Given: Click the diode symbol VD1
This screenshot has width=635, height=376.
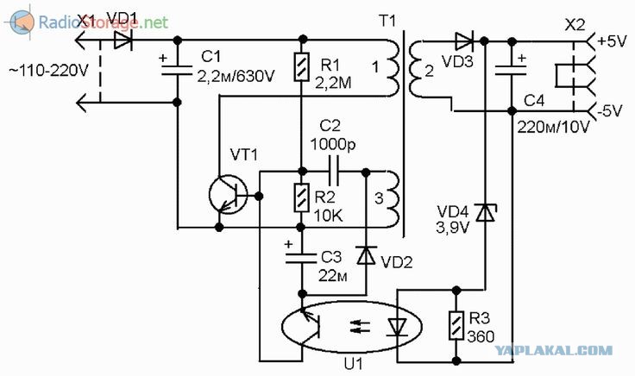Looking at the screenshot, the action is tap(123, 40).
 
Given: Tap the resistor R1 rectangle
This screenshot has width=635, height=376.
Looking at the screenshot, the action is tap(302, 67).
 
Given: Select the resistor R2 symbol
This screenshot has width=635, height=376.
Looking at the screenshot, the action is tap(302, 197).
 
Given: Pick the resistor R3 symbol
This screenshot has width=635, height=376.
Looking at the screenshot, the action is tap(456, 325).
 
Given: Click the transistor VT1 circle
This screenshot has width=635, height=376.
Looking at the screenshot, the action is tap(229, 195).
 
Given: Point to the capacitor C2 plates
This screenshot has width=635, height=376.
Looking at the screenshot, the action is tap(333, 172).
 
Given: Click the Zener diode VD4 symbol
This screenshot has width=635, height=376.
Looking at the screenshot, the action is tap(485, 213).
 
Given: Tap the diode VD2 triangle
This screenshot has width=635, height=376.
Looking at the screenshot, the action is tap(366, 256).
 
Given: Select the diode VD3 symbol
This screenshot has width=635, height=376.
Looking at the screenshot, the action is tap(464, 41).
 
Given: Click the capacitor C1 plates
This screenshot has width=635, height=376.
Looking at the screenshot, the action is tap(177, 71).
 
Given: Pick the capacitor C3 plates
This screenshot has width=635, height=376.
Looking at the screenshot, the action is tap(301, 258).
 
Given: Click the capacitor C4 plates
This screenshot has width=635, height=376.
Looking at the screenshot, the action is tap(512, 70).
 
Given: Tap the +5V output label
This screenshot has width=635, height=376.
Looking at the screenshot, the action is tap(612, 41).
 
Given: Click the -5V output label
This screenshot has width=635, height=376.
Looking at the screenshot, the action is tap(610, 111).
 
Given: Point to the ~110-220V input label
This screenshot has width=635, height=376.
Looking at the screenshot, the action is tap(48, 71).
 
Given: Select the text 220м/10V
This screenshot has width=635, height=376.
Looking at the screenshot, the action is tap(553, 127).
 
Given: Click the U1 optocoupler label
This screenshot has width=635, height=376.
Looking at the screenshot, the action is tap(354, 364).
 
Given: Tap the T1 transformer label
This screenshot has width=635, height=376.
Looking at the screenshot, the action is tap(387, 21).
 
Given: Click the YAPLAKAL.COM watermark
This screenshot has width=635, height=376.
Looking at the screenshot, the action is tap(554, 350).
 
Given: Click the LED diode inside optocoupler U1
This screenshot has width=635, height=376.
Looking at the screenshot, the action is tap(397, 327).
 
